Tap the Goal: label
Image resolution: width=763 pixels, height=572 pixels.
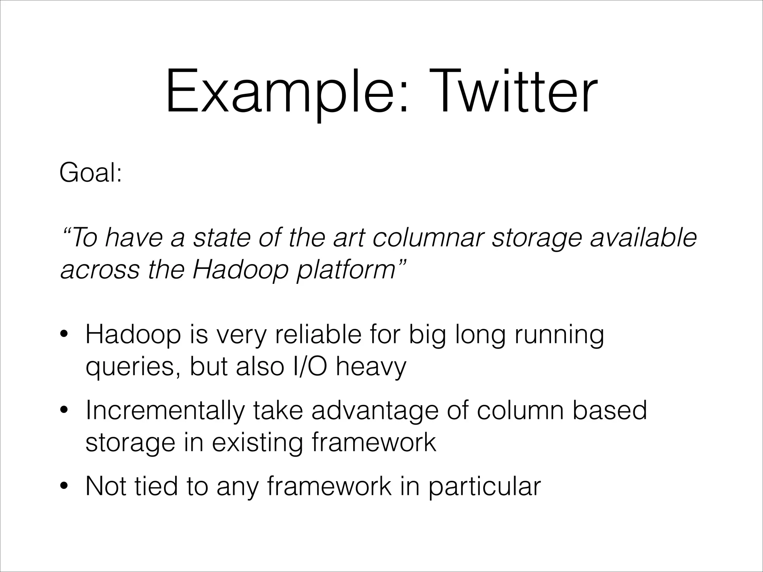(91, 174)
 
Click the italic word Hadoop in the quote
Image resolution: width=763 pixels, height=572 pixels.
(241, 270)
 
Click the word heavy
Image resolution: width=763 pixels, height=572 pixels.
(370, 367)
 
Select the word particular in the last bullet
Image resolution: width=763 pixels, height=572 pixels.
(484, 486)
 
